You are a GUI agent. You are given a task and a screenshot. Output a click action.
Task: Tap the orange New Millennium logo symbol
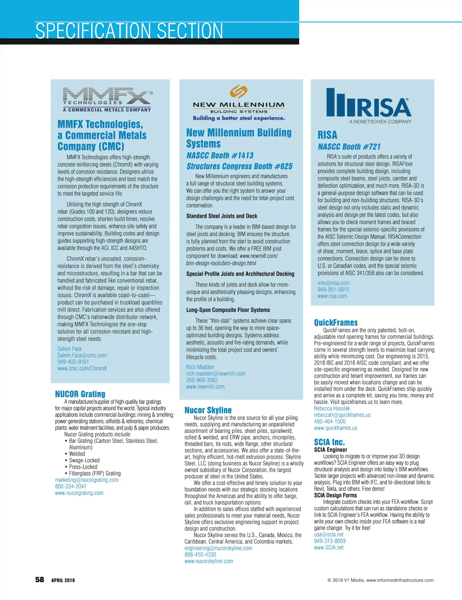point(238,92)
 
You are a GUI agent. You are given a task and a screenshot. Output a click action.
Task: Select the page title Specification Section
point(129,31)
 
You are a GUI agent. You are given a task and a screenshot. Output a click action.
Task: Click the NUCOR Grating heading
point(80,394)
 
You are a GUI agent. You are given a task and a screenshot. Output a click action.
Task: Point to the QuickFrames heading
point(336,323)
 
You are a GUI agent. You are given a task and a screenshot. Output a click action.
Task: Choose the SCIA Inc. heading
point(329,442)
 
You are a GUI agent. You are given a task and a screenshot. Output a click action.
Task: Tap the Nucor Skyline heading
point(208,410)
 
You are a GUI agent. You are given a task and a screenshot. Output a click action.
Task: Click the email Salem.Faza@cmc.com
point(82,355)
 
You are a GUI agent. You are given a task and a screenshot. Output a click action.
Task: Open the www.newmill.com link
point(205,387)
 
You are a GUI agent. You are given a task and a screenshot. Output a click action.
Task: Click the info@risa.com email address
point(333,283)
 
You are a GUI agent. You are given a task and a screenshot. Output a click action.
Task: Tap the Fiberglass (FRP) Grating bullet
point(95,473)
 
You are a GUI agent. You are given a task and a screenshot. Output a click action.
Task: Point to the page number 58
point(40,580)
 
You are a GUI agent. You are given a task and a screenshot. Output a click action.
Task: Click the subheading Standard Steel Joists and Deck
point(222,216)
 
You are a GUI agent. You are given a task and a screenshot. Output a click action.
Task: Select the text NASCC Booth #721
point(349,147)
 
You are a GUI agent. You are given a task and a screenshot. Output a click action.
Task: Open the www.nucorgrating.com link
point(79,493)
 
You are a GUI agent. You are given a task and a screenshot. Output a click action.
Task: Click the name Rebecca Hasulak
point(332,409)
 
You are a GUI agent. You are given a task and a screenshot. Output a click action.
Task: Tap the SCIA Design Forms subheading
point(335,495)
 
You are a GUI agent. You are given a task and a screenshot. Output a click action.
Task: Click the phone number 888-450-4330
point(200,555)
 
